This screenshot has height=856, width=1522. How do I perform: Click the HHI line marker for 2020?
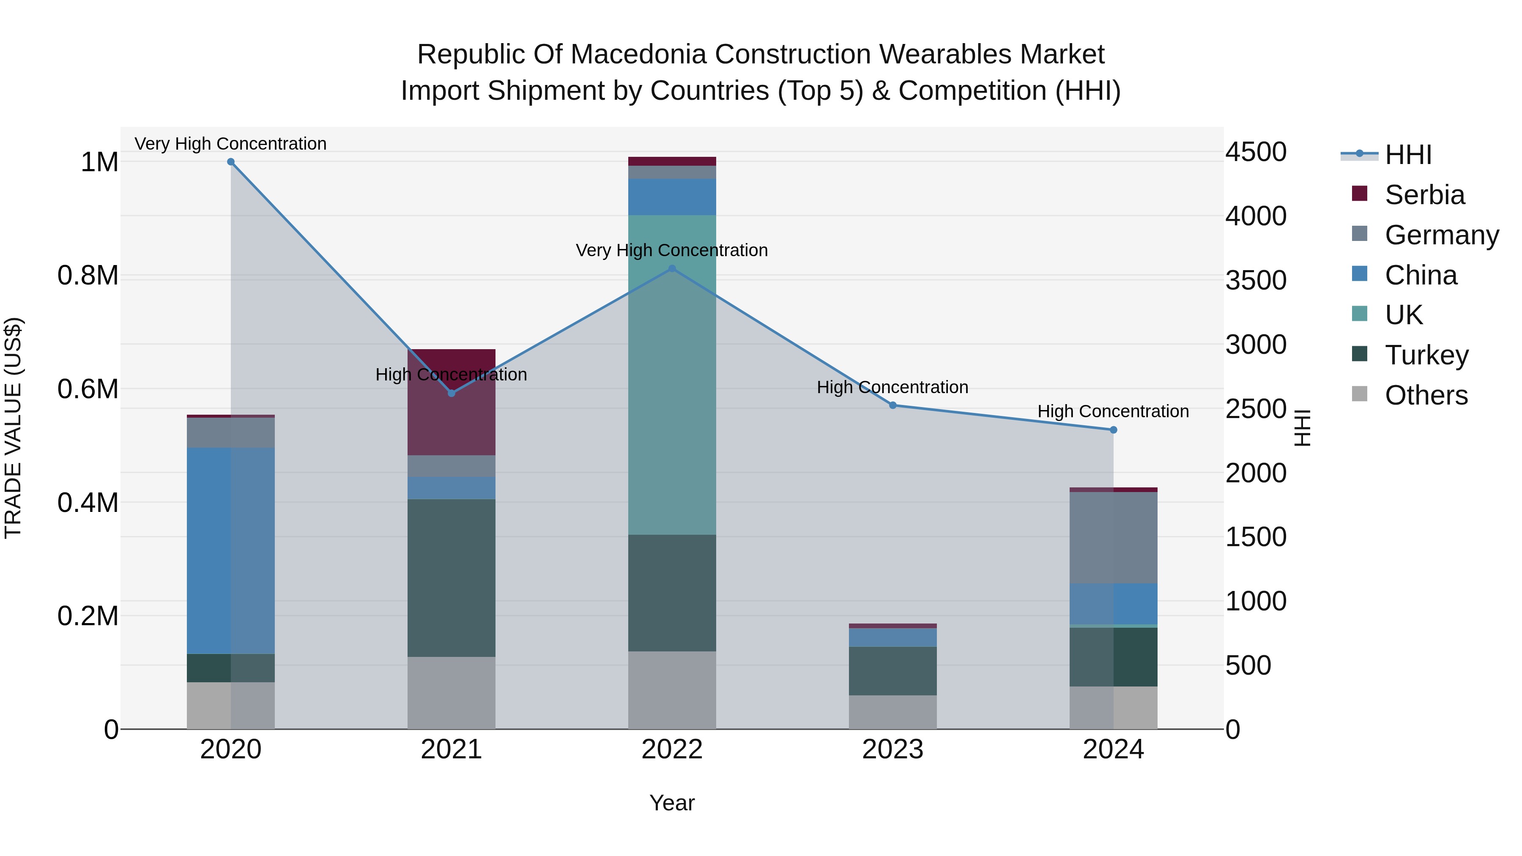231,162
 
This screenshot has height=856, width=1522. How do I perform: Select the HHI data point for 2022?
672,269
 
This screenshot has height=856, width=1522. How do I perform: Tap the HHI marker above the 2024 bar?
1113,430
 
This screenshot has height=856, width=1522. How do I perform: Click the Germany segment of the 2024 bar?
1113,538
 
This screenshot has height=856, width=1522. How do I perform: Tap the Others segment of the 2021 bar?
452,692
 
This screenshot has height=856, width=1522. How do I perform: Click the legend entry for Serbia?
1424,195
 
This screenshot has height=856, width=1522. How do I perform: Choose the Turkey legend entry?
1426,355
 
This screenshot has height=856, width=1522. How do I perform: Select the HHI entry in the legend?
1407,155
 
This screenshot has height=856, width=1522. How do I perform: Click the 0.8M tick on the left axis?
88,276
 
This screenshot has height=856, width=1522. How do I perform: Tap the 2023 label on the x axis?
893,749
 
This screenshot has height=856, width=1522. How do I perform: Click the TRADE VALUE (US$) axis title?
13,428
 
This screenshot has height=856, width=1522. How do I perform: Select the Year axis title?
672,803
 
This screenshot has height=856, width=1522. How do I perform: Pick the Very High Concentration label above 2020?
230,144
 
